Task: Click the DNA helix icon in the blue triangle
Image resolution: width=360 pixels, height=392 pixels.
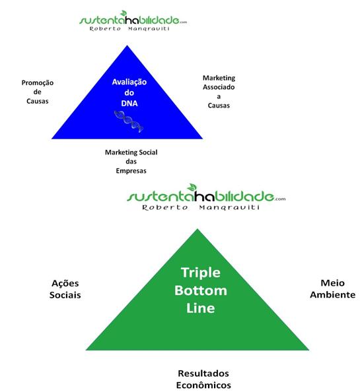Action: [129, 121]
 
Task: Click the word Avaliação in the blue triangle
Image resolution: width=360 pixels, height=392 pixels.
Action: [129, 82]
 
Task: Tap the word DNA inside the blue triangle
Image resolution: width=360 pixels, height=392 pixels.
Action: [129, 103]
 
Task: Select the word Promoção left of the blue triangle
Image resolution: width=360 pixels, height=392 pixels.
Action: [38, 83]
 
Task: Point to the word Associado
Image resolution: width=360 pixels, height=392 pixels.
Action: [219, 87]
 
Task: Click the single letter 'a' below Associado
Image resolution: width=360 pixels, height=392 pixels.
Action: [219, 96]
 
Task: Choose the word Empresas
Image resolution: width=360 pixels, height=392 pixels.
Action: [131, 171]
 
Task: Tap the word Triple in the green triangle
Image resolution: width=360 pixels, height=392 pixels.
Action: [201, 273]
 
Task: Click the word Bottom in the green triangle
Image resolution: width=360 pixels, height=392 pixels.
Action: [201, 290]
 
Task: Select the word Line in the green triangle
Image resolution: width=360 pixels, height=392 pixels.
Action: [201, 308]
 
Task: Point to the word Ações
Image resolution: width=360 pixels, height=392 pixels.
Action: [65, 284]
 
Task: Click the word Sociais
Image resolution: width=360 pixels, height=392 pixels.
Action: [65, 295]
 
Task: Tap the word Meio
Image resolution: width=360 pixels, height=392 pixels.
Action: [333, 283]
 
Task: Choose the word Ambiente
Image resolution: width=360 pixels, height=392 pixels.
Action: [333, 295]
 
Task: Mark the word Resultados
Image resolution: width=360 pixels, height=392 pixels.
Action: [203, 374]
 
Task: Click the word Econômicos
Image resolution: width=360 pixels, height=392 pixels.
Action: [203, 385]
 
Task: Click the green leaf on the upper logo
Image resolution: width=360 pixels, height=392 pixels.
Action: [124, 13]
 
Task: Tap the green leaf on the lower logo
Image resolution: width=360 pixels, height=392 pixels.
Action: [192, 187]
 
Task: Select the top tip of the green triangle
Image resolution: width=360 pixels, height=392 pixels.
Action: [198, 229]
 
